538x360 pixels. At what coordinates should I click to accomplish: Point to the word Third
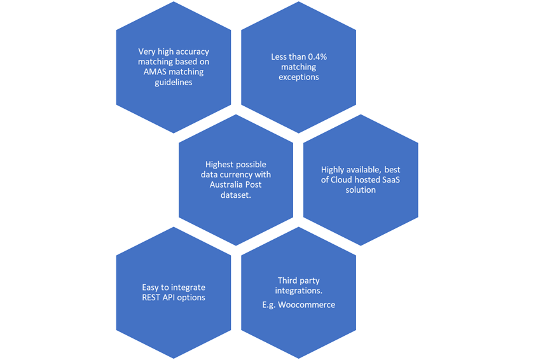pos(289,280)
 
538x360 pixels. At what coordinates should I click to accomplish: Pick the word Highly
pos(335,169)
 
